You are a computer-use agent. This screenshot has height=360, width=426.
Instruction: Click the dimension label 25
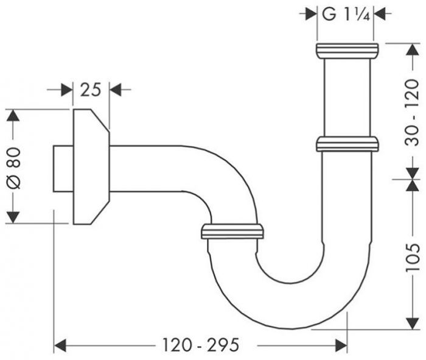[x=90, y=90]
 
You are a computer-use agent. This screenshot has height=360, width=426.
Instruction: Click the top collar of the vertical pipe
[x=347, y=50]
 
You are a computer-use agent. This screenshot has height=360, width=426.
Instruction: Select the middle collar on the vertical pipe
[x=347, y=144]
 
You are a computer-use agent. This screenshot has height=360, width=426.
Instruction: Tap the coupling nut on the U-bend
[x=232, y=231]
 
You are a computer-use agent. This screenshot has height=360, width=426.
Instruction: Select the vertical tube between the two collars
[x=347, y=97]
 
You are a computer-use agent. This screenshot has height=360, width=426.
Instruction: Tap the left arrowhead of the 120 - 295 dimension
[x=60, y=346]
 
